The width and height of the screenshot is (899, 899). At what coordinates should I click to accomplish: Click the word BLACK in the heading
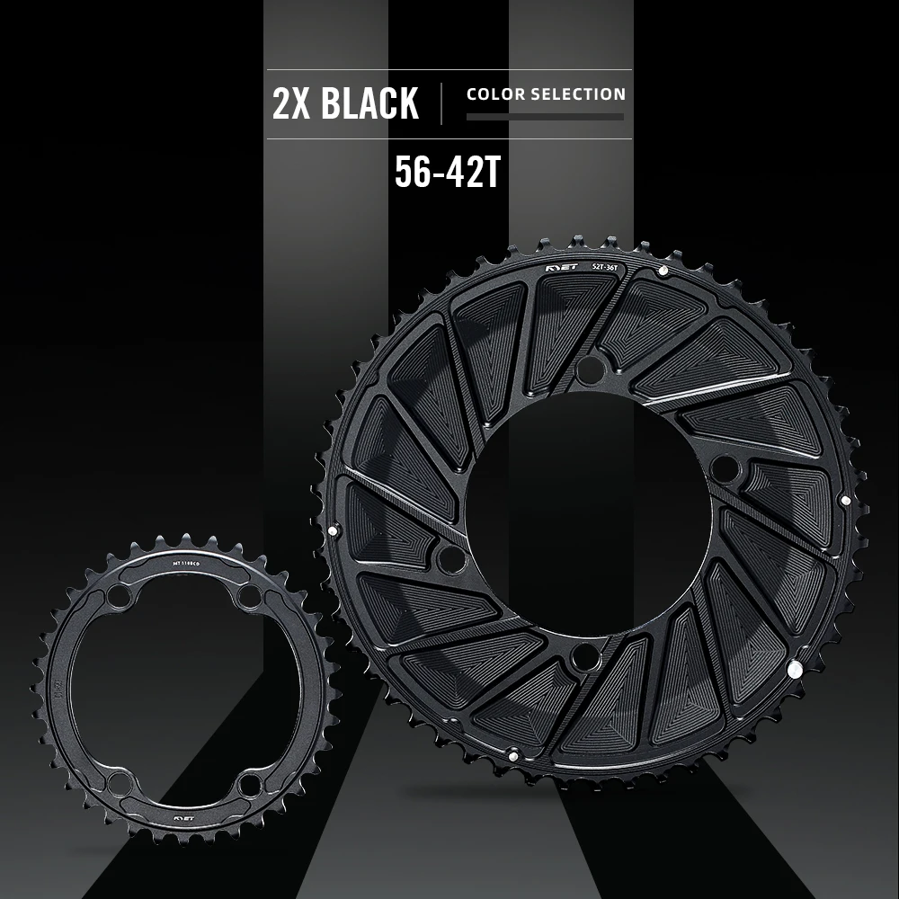369,103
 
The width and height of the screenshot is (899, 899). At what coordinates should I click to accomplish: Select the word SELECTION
577,93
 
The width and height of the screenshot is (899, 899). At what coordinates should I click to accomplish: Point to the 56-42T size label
447,174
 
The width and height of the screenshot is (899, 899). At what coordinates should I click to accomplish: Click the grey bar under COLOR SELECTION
545,117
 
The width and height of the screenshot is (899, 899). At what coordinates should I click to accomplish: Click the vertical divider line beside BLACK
441,103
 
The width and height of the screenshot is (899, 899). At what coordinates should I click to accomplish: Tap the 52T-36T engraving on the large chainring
610,265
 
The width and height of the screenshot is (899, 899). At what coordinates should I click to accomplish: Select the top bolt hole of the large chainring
590,366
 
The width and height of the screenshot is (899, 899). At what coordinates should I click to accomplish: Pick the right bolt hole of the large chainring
725,469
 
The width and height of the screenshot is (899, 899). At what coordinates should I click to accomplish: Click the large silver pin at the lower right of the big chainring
794,669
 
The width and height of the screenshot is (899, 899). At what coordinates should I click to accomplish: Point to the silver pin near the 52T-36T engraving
663,270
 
